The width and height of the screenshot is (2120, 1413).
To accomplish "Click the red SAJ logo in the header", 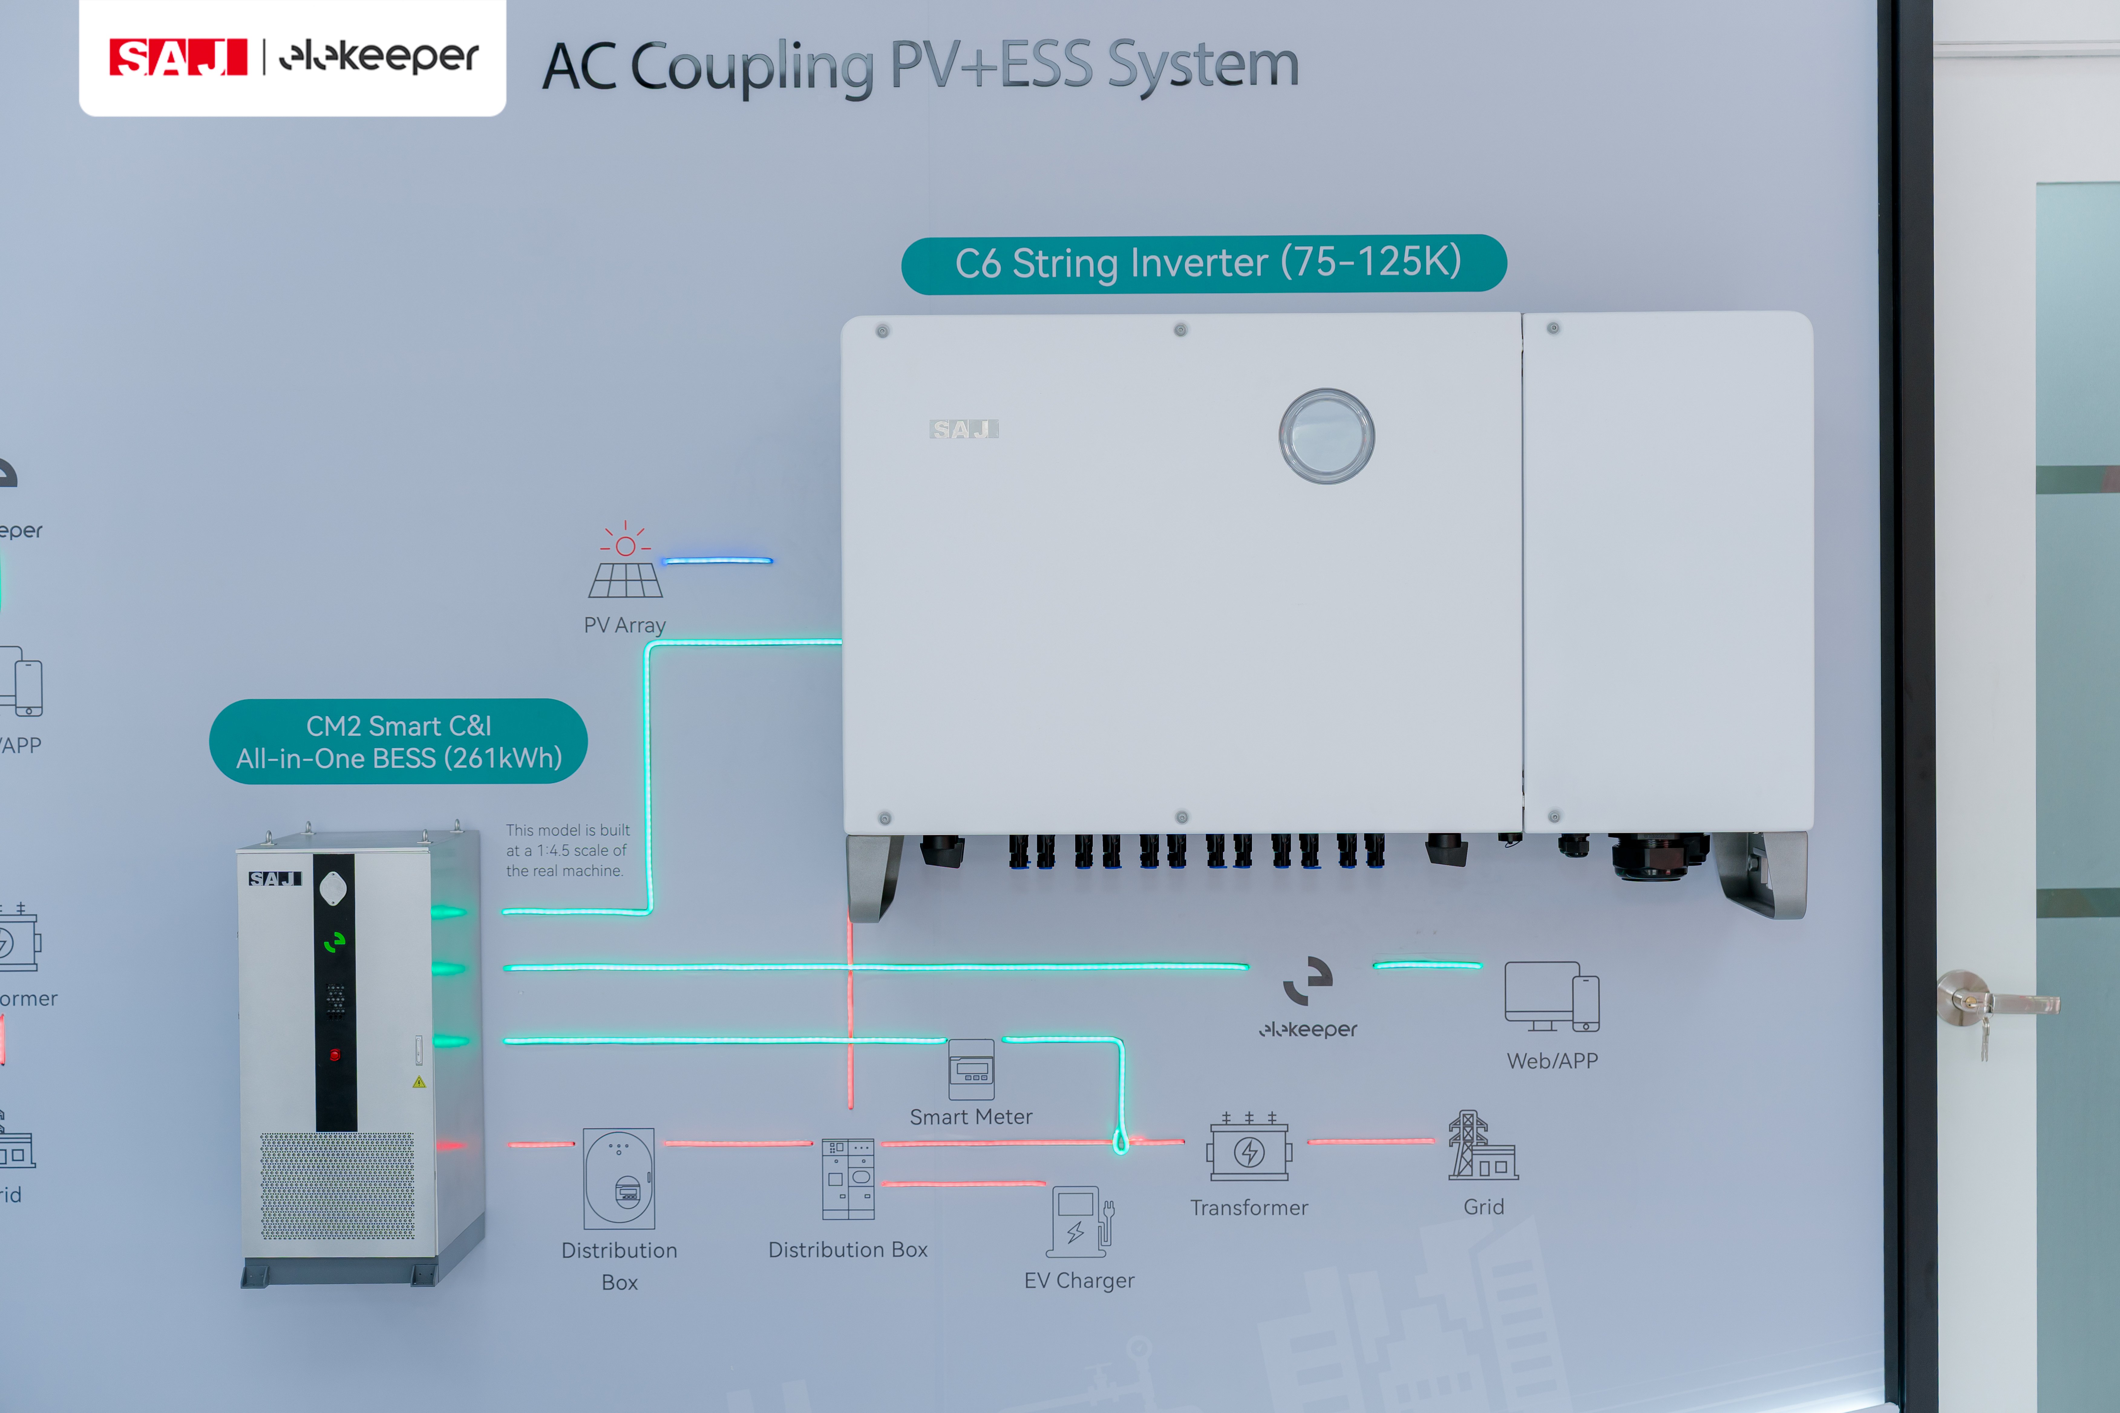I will (178, 58).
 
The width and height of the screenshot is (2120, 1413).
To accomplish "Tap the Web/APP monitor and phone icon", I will (1551, 997).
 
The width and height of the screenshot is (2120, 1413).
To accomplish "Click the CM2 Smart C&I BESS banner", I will (398, 742).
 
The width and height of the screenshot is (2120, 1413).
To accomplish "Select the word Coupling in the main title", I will (752, 68).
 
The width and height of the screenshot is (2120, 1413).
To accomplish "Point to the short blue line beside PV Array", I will (718, 560).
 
